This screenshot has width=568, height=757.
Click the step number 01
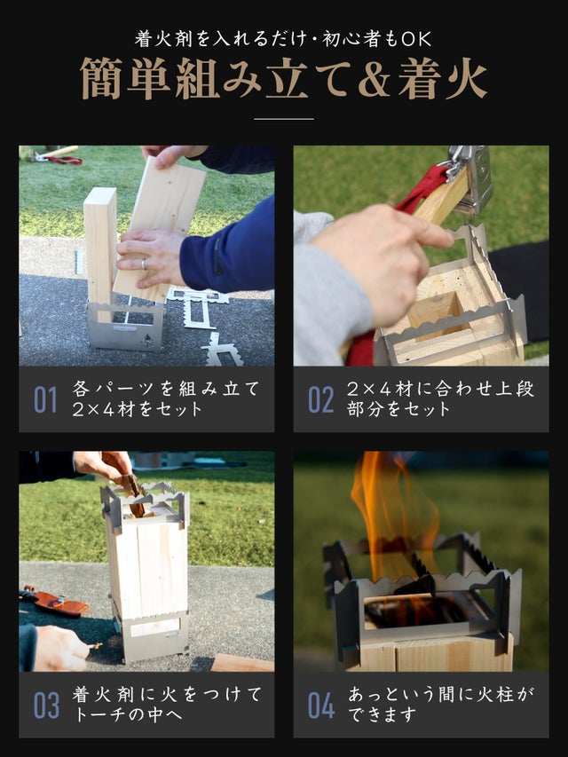click(45, 399)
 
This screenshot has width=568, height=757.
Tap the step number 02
click(320, 399)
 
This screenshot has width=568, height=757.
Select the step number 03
click(46, 706)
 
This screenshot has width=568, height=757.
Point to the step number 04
click(321, 706)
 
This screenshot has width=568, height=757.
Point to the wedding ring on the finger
click(144, 264)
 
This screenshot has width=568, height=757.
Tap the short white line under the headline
click(284, 118)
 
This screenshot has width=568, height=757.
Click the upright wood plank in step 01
click(100, 246)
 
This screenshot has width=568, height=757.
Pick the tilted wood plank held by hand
click(161, 227)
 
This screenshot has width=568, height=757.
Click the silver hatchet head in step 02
click(469, 179)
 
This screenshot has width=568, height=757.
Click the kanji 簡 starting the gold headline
click(101, 79)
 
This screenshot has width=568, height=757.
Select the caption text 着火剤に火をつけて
click(167, 694)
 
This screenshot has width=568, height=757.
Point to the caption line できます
click(382, 714)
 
